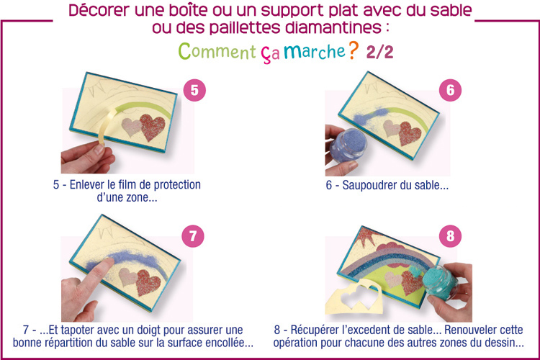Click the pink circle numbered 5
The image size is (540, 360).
tap(194, 90)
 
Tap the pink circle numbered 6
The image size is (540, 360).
tap(450, 90)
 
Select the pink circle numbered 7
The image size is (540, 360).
tap(193, 236)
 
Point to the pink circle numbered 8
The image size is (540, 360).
tap(450, 236)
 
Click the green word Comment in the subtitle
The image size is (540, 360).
tap(217, 51)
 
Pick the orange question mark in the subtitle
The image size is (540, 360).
tap(353, 50)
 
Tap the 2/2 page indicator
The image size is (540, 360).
tap(379, 52)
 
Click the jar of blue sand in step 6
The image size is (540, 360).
tap(348, 144)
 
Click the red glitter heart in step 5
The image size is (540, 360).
tap(152, 127)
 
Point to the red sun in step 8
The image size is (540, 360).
tap(366, 237)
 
